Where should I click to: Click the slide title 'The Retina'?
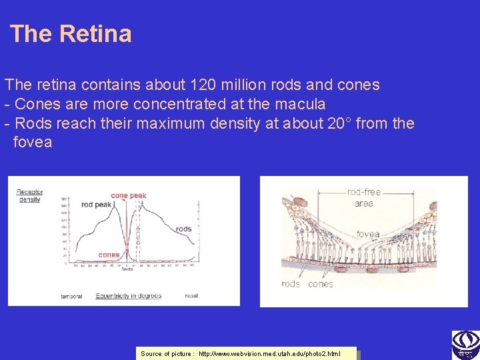point(71,34)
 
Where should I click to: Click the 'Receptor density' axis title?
point(29,195)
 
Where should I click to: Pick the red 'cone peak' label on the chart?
point(129,196)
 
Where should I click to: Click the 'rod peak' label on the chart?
point(96,205)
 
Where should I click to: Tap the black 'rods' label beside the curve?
point(183,229)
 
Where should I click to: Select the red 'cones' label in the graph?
point(109,255)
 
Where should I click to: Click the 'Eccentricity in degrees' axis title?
point(128,295)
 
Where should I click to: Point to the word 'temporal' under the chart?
point(71,296)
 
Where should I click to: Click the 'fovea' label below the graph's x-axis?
point(127,269)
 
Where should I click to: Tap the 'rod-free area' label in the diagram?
point(364,197)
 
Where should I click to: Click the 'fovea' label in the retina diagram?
point(367,234)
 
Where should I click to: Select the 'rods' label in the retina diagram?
point(291,284)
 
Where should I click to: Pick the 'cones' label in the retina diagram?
point(321,284)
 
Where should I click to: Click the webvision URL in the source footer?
point(269,353)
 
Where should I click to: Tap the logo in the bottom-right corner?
point(465,345)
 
